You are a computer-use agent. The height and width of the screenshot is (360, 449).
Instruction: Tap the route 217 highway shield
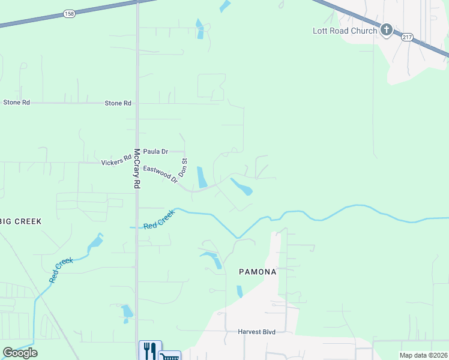coord(407,37)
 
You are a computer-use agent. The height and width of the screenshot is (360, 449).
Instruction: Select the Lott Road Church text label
coord(345,31)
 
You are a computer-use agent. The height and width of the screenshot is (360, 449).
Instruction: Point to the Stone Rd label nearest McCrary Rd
coord(118,103)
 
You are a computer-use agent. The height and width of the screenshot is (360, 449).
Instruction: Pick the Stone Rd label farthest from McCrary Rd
coord(16,103)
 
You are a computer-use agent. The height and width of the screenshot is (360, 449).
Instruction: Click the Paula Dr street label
coord(155,152)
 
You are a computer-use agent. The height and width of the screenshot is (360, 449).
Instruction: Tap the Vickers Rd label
coord(116,162)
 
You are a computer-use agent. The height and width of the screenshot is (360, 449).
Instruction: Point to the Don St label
coord(185,167)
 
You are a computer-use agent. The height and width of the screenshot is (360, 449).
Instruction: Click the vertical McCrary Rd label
coord(137,169)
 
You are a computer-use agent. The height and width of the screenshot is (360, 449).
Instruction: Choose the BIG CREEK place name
coord(21,221)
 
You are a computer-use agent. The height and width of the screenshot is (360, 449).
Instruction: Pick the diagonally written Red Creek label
coord(61,271)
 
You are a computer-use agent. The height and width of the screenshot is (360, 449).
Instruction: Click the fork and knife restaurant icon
coord(149,350)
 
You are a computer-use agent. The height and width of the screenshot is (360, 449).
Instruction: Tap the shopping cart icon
coord(169,356)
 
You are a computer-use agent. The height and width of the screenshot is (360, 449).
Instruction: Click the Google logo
coord(20,353)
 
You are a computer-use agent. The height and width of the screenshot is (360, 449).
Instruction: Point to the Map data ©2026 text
coord(423,355)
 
